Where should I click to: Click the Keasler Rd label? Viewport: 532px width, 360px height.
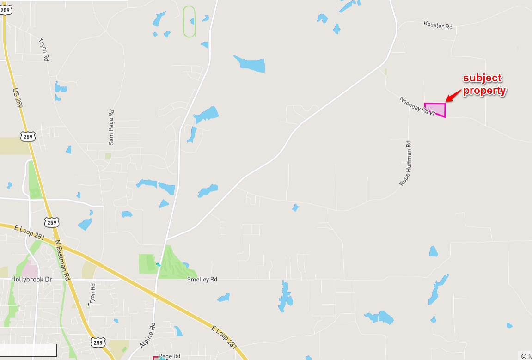tap(438, 25)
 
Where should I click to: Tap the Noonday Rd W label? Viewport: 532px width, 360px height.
tap(417, 106)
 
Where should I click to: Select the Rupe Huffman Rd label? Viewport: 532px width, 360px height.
tap(405, 163)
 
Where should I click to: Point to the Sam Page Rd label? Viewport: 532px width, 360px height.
tap(111, 127)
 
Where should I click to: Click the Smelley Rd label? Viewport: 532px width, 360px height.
tap(202, 280)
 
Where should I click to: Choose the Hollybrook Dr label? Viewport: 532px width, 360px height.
tap(31, 279)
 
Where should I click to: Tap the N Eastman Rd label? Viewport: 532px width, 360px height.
tap(62, 260)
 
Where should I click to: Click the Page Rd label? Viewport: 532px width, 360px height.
tap(169, 356)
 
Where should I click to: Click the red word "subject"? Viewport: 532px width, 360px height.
tap(483, 78)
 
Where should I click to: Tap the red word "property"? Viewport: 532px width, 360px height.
tap(484, 91)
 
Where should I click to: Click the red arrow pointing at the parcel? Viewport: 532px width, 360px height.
tap(453, 95)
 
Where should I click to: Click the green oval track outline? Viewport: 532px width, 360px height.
tap(189, 21)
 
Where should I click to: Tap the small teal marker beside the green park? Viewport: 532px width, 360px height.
tap(158, 265)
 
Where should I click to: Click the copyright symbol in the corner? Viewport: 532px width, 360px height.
tap(524, 356)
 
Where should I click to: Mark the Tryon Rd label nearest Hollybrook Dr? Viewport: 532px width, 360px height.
tap(92, 295)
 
